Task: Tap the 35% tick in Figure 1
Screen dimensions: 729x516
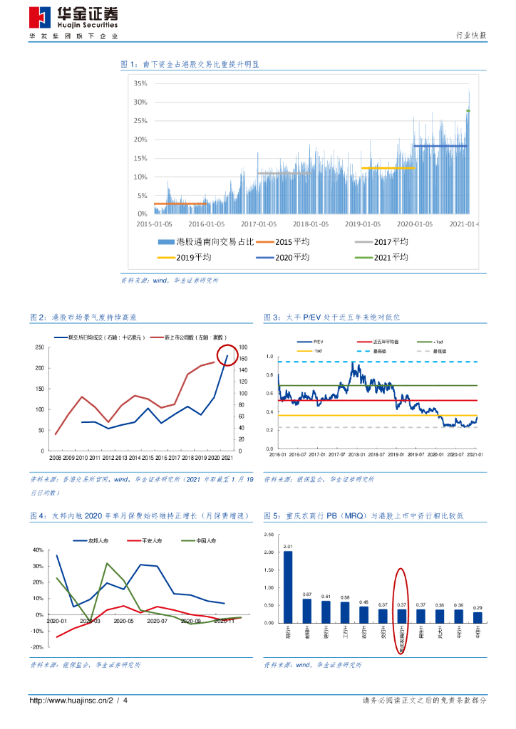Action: [x=140, y=83]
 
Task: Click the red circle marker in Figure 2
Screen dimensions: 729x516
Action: [x=227, y=355]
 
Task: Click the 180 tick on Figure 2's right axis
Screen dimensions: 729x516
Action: [x=244, y=347]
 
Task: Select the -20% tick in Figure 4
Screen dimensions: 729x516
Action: [x=37, y=647]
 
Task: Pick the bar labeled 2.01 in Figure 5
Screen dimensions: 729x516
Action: [x=288, y=586]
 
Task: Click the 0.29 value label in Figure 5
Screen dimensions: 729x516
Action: [x=477, y=607]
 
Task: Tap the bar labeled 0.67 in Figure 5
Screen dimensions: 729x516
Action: [x=306, y=610]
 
